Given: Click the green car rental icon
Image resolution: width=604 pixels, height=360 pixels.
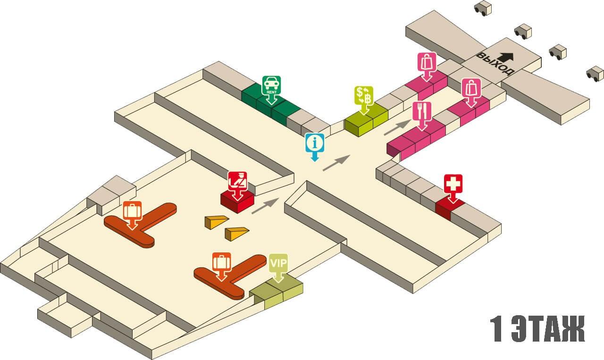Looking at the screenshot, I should [x=271, y=84].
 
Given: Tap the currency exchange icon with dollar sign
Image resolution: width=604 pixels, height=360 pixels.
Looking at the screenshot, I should [x=364, y=96].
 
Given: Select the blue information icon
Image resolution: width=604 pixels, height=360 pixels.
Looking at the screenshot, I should [x=315, y=142].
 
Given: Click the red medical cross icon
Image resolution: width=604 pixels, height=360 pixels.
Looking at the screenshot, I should [x=453, y=184].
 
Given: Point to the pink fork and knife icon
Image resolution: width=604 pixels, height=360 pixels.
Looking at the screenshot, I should [x=422, y=111].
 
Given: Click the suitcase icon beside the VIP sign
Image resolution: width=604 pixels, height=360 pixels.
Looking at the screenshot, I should [x=221, y=261].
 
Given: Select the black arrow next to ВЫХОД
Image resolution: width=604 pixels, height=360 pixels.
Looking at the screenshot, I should [x=506, y=57].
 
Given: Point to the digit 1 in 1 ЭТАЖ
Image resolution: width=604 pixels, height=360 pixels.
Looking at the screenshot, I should [x=496, y=329].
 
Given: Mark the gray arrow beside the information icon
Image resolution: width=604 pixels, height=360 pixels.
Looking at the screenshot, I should [x=336, y=163].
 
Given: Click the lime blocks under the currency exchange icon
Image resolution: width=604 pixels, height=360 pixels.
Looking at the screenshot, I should [x=366, y=123].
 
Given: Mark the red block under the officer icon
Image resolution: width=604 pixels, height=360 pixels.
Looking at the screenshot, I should [x=237, y=201].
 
